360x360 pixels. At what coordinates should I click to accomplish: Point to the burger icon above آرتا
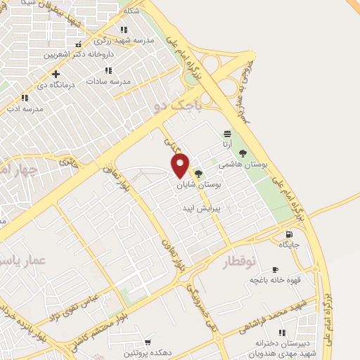226,134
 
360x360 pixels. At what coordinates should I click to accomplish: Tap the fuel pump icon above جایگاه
289,234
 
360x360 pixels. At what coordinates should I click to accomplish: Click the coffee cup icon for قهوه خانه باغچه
275,269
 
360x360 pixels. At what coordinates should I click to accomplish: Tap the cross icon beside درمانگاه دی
56,73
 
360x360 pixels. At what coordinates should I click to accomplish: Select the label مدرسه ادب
25,109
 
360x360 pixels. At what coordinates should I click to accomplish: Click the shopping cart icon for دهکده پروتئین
148,341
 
